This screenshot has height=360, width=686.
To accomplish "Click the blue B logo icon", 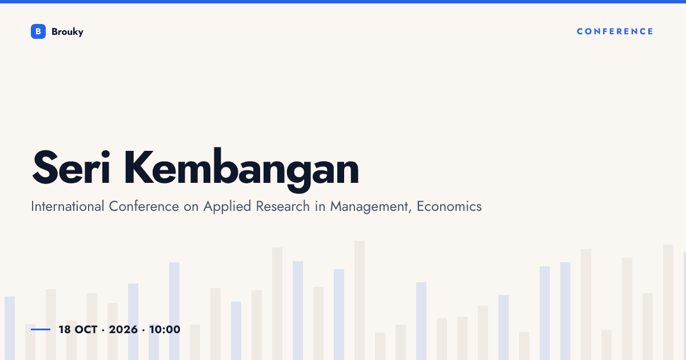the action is tap(38, 31).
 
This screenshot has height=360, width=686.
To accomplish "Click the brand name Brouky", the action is tap(67, 32).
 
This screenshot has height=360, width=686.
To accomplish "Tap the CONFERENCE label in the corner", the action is tap(615, 31).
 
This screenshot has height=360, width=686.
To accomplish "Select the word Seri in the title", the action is tap(71, 168).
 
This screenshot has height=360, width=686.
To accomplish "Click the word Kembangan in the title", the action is tap(241, 170).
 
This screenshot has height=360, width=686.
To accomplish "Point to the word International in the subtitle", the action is tap(67, 206).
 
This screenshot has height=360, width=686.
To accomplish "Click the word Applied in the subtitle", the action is tap(228, 207).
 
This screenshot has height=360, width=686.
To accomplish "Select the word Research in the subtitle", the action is tap(282, 206).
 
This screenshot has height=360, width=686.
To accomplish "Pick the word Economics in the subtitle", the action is tap(449, 206).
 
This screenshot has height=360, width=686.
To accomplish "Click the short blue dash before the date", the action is tap(41, 329).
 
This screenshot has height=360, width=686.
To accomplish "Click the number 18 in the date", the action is tap(65, 330).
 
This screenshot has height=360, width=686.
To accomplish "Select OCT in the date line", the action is tap(86, 330).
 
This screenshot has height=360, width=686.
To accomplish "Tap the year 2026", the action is tap(123, 330).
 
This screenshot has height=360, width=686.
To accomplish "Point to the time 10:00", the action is tap(165, 330).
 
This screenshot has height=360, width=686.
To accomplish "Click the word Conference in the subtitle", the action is tap(144, 206).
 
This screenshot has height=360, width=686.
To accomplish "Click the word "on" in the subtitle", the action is tap(191, 207).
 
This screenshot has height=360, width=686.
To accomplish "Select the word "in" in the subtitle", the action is tap(320, 206).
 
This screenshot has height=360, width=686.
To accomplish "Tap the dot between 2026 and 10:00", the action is tap(143, 330).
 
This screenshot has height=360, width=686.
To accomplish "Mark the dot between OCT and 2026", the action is tap(103, 330).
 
